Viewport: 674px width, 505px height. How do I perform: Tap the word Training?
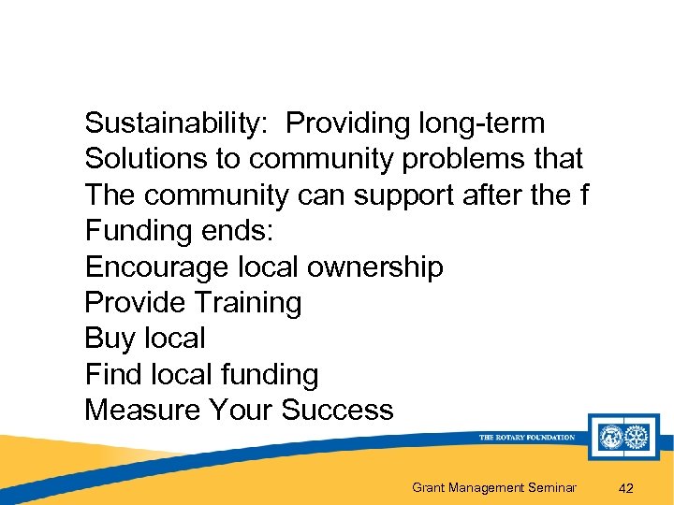[x=248, y=303]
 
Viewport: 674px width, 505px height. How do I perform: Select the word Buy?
[x=106, y=339]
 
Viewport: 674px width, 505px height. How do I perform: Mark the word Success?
[x=337, y=411]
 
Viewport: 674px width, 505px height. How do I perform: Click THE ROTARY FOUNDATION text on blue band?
[x=526, y=438]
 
